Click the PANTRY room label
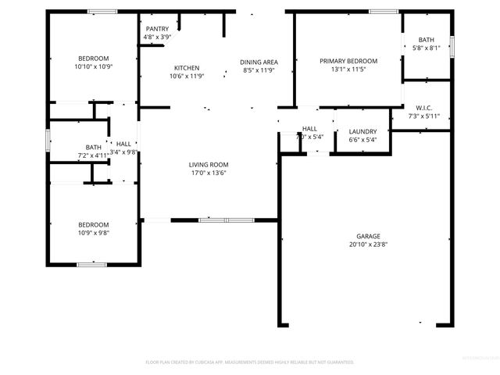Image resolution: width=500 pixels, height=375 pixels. point(156,29)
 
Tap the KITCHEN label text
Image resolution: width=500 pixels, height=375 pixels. point(186,68)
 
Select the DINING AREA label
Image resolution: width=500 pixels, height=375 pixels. point(259,62)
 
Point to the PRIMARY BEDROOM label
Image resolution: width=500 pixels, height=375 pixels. point(348,61)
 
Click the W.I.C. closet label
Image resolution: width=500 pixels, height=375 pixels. point(424,108)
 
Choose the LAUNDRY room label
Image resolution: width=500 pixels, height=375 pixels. point(363,131)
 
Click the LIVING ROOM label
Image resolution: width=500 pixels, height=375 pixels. point(208,164)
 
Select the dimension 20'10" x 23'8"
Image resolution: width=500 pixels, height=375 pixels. point(367,245)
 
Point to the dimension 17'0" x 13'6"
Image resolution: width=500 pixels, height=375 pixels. point(208,173)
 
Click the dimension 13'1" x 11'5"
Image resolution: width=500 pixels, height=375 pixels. point(348,70)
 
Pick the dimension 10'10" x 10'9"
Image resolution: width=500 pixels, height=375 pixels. point(93,67)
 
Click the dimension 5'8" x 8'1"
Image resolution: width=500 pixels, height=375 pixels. point(426,48)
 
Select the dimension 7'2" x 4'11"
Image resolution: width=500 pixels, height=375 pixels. point(93,155)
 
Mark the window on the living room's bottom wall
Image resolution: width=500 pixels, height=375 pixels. point(215,220)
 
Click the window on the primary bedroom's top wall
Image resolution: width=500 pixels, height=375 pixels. point(383,11)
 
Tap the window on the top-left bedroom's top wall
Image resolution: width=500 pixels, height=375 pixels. point(102,11)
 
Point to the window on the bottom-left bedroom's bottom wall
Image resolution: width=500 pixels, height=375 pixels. point(91,265)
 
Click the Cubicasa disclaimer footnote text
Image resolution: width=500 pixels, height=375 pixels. point(250,362)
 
